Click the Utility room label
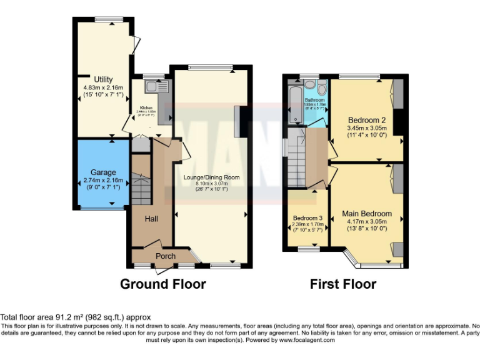click(x=103, y=79)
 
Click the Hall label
click(x=151, y=219)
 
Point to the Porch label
click(x=165, y=256)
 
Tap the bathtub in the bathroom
click(x=294, y=103)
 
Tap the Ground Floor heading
click(x=162, y=284)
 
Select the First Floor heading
click(x=343, y=284)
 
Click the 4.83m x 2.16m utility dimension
click(x=103, y=87)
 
